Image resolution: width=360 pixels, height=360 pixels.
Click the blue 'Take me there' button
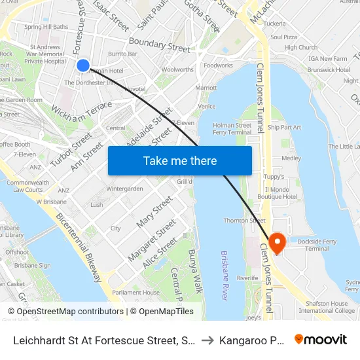tap(180, 160)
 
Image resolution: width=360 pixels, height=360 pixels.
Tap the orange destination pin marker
tap(277, 243)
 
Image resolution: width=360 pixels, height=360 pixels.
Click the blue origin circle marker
tap(83, 65)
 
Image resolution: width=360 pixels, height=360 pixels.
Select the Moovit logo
tap(321, 340)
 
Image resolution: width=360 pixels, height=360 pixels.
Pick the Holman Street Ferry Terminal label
tap(232, 128)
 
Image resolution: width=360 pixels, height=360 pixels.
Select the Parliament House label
tap(135, 293)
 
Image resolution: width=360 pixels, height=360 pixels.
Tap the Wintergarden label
tap(124, 189)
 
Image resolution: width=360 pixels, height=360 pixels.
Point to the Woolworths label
tap(177, 69)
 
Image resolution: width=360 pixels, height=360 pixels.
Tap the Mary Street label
tap(154, 211)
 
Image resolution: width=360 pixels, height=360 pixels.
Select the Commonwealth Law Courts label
tap(28, 186)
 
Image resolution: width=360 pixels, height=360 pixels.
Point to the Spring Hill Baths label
tap(46, 27)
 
